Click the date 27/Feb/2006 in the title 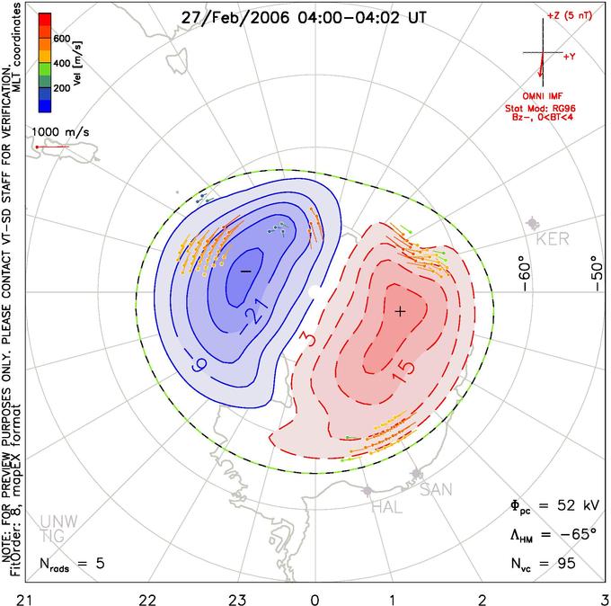(235, 18)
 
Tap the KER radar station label (553, 238)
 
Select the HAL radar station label (386, 507)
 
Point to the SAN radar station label (436, 489)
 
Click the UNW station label (58, 521)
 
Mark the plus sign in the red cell (400, 311)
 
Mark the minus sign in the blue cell (245, 271)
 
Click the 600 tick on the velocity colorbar (62, 39)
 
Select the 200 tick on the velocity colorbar (62, 88)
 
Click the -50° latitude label (597, 273)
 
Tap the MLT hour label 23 (237, 600)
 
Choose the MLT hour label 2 (483, 600)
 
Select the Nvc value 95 (565, 563)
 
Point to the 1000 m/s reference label (60, 132)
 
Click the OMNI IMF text (543, 96)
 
